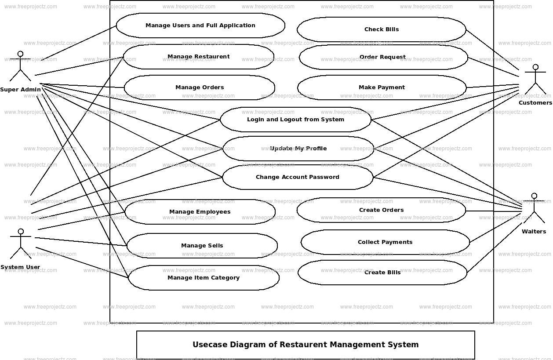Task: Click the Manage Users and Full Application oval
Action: coord(200,25)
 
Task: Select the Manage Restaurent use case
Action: coord(198,57)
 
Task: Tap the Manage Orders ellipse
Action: coord(200,87)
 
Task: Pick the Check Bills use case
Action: coord(382,29)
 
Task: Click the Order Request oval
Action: coord(383,57)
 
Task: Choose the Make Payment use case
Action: coord(382,87)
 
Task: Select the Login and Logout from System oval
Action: coord(295,120)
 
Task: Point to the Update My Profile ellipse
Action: coord(298,149)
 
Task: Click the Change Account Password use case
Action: coord(298,177)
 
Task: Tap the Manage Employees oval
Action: coord(200,212)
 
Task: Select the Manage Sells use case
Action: coord(202,246)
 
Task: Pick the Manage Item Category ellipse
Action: coord(204,278)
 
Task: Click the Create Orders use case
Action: coord(381,210)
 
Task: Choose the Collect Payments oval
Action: coord(385,242)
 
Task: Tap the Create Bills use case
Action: coord(382,273)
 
